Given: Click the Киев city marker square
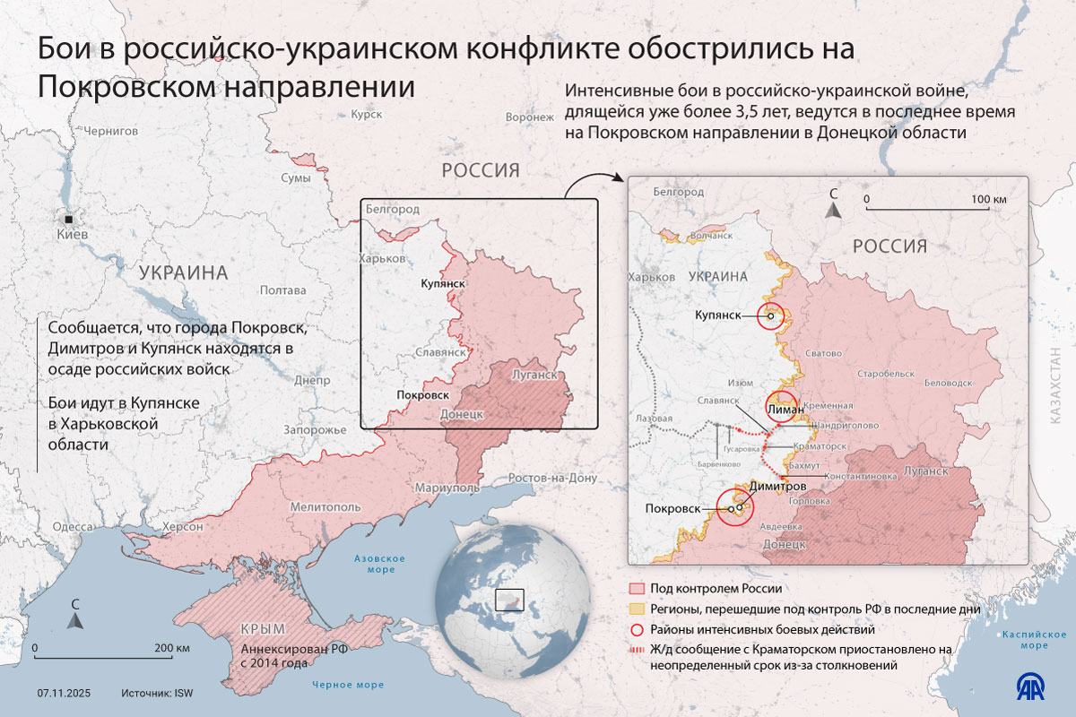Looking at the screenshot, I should pyautogui.click(x=69, y=219).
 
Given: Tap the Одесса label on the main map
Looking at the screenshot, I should pyautogui.click(x=72, y=527).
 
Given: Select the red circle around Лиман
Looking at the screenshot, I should pyautogui.click(x=782, y=407).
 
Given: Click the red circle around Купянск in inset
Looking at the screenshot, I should pyautogui.click(x=770, y=315).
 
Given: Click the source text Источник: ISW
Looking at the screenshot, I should pyautogui.click(x=158, y=693).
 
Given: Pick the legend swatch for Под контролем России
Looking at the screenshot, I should pyautogui.click(x=637, y=589).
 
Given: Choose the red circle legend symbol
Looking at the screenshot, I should pyautogui.click(x=637, y=629).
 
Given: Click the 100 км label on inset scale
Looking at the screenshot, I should pyautogui.click(x=988, y=198).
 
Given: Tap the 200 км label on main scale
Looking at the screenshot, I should pyautogui.click(x=171, y=648).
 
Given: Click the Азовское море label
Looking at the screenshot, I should pyautogui.click(x=379, y=564).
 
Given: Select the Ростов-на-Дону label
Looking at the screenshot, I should pyautogui.click(x=552, y=478).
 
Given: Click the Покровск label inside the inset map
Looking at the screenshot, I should pyautogui.click(x=672, y=508).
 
